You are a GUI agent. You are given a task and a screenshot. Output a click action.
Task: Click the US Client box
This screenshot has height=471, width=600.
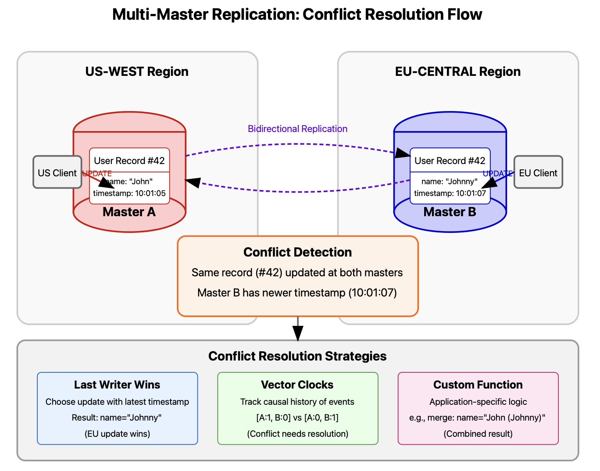[x=57, y=172]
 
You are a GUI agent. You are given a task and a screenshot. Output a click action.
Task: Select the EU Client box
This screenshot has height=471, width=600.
[x=538, y=172]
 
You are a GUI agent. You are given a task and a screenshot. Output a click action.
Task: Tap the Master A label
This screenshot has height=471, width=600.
[x=129, y=212]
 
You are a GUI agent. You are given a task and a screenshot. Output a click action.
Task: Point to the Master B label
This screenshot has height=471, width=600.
[x=450, y=212]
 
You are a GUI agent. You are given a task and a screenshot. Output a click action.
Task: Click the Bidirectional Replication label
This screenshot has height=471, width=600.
[x=297, y=129]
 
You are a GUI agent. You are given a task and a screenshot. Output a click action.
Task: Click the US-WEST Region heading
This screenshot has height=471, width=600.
[x=137, y=71]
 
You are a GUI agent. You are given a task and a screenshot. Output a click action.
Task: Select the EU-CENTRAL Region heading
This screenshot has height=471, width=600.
[x=457, y=71]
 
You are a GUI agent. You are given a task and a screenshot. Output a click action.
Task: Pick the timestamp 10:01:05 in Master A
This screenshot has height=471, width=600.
[x=129, y=193]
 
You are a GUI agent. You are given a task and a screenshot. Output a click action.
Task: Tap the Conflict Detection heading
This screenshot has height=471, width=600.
[x=297, y=252]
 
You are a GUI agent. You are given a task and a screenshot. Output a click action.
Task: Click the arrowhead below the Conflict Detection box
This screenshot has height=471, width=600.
[x=298, y=334]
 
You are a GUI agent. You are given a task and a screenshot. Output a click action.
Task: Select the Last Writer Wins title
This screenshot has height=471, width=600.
[x=117, y=385]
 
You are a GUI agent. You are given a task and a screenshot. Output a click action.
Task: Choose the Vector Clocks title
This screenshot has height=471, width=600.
[x=297, y=385]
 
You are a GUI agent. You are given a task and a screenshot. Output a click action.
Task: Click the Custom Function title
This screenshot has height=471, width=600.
[x=478, y=385]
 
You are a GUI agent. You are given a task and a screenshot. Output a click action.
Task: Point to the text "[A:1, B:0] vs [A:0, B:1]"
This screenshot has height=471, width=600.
[x=297, y=417]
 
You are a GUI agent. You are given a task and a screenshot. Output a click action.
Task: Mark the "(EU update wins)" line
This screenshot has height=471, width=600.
[x=117, y=434]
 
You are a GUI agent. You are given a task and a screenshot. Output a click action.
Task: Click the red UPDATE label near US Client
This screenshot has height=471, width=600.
[x=97, y=174]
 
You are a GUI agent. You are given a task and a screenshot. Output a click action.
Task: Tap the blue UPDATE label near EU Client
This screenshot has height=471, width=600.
[x=497, y=174]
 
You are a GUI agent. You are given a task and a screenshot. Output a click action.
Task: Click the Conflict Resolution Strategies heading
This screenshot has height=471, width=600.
[x=297, y=356]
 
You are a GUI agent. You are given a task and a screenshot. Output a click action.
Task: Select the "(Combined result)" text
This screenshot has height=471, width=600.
[x=478, y=434]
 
